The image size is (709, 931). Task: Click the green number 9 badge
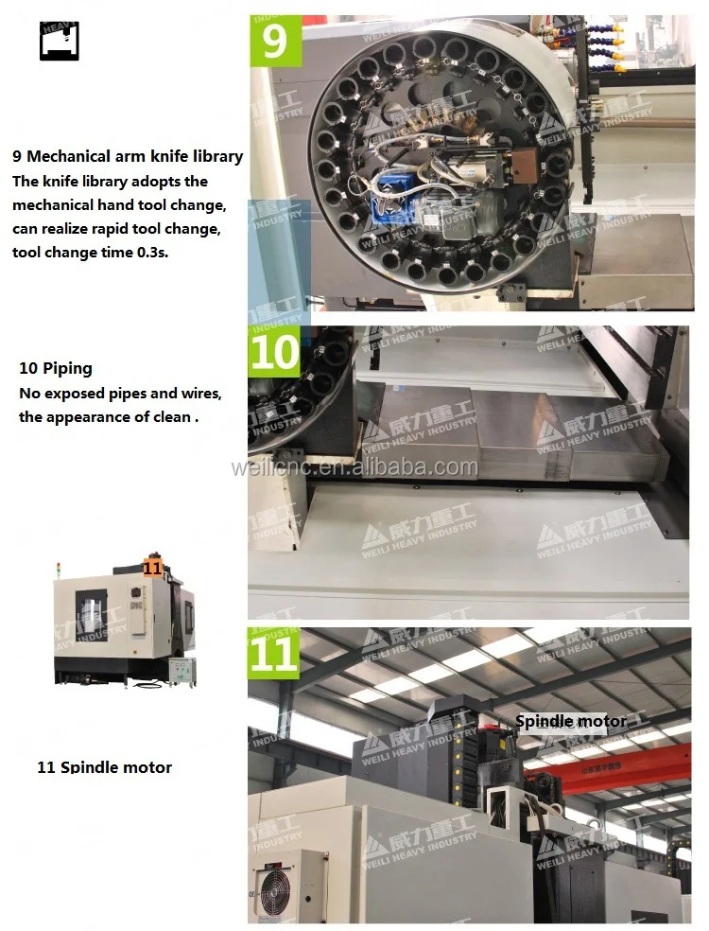tap(275, 40)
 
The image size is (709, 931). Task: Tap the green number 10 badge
tap(275, 353)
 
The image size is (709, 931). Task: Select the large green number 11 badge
tap(275, 654)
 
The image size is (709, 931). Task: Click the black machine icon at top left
tap(59, 40)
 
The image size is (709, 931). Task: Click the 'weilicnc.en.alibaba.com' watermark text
tap(354, 467)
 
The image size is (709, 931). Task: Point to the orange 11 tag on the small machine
tap(153, 567)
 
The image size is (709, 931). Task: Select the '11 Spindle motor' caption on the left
tap(104, 767)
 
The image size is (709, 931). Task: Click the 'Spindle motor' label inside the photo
tap(570, 721)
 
